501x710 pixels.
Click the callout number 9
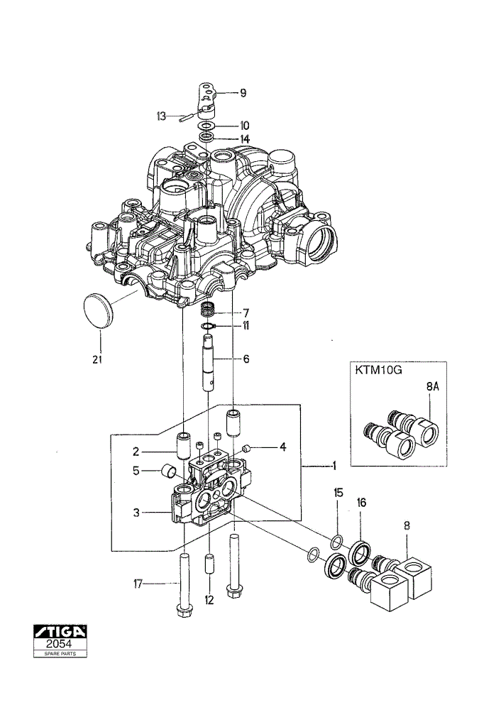click(x=243, y=93)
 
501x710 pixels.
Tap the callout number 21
click(x=98, y=359)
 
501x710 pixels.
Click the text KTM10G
click(x=379, y=370)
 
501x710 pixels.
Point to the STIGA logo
click(x=60, y=631)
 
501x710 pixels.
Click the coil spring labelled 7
click(x=207, y=310)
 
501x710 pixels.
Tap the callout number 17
click(x=138, y=584)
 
